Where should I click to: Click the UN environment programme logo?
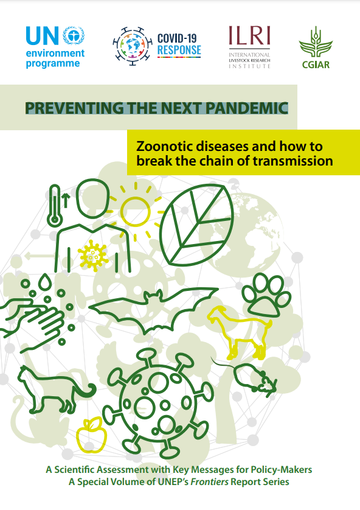point(55,47)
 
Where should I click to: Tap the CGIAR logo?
point(316,47)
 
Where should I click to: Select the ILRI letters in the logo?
point(249,35)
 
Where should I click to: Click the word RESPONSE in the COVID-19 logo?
point(179,50)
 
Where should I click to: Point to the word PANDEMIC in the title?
point(247,108)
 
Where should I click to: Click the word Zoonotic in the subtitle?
point(165,146)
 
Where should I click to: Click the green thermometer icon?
point(55,206)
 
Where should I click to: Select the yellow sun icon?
point(136,211)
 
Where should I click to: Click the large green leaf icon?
point(197,225)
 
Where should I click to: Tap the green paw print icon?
point(266,295)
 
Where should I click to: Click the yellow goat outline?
point(240,332)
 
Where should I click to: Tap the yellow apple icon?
point(92,435)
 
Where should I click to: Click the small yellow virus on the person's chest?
point(93,256)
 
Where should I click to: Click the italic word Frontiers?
point(210,481)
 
